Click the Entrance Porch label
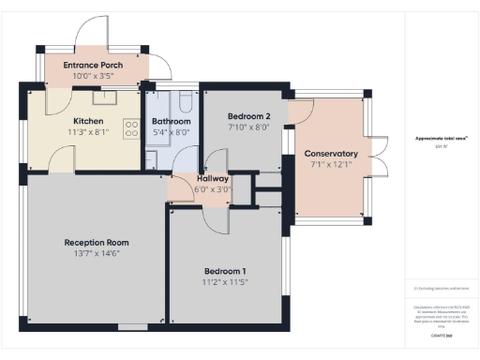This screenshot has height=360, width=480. tap(93, 65)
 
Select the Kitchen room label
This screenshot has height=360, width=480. tap(88, 121)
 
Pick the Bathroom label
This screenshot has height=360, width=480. tap(172, 122)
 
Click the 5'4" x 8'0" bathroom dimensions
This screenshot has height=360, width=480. tap(172, 132)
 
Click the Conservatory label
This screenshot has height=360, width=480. tap(331, 154)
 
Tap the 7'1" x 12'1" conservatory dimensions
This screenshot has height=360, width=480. tap(331, 164)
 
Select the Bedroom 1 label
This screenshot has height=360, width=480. tap(226, 270)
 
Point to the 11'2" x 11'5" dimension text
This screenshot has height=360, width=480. tap(226, 281)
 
